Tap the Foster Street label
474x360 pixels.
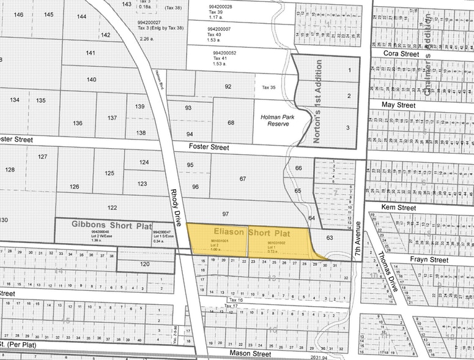(209, 148)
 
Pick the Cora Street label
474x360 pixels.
(401, 54)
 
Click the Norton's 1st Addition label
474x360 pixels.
(317, 101)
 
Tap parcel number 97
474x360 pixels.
(225, 214)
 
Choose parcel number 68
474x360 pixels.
(231, 122)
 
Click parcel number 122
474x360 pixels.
(112, 208)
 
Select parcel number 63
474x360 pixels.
(330, 237)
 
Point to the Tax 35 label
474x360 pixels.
(269, 88)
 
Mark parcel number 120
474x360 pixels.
(144, 264)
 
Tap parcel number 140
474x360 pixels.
(91, 80)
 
